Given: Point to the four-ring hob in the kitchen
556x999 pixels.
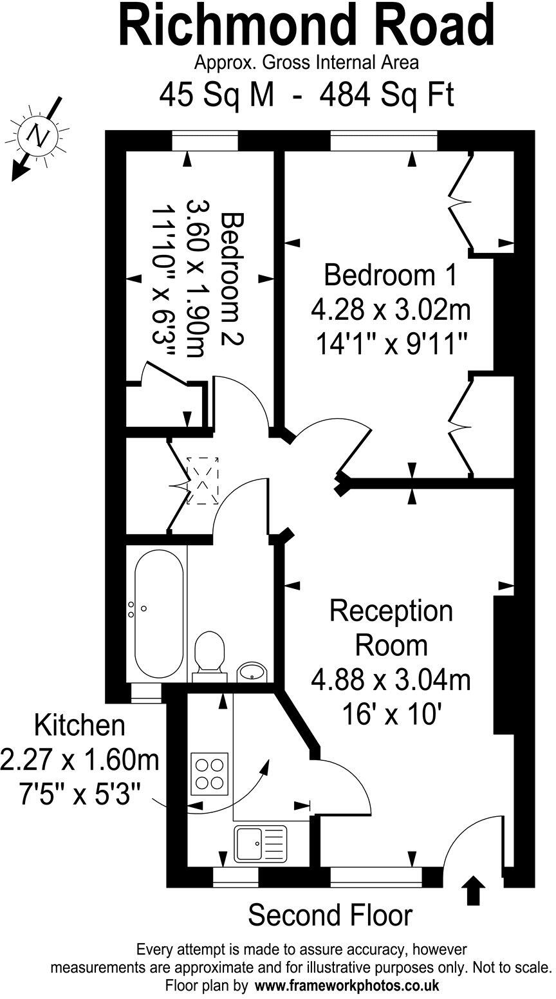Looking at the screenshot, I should point(210,772).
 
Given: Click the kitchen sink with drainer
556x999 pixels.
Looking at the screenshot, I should point(259,844).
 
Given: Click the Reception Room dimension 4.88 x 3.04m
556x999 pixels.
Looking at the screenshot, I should point(391,679).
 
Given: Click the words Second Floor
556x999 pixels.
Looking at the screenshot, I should point(330,915).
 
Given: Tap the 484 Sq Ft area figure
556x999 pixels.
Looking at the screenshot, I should point(387,96).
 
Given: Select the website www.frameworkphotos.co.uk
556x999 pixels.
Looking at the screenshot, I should point(347,985).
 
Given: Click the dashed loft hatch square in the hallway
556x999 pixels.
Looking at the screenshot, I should point(203,481).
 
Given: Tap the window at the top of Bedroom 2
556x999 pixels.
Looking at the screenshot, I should point(205,141).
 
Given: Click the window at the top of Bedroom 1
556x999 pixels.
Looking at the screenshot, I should point(384,141).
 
